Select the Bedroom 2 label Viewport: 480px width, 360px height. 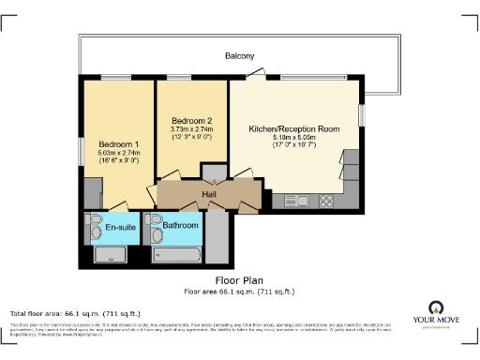tap(191, 122)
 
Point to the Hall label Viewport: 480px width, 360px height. tap(208, 194)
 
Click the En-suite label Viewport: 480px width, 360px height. tap(118, 228)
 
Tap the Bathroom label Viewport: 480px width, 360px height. tap(180, 226)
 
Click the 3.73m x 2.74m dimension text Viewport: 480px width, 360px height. tap(191, 131)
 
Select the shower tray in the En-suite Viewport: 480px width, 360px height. tap(116, 254)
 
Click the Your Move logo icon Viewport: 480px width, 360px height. tap(435, 307)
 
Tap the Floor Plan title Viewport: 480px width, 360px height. tap(239, 279)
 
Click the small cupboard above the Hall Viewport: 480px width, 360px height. tap(214, 172)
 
